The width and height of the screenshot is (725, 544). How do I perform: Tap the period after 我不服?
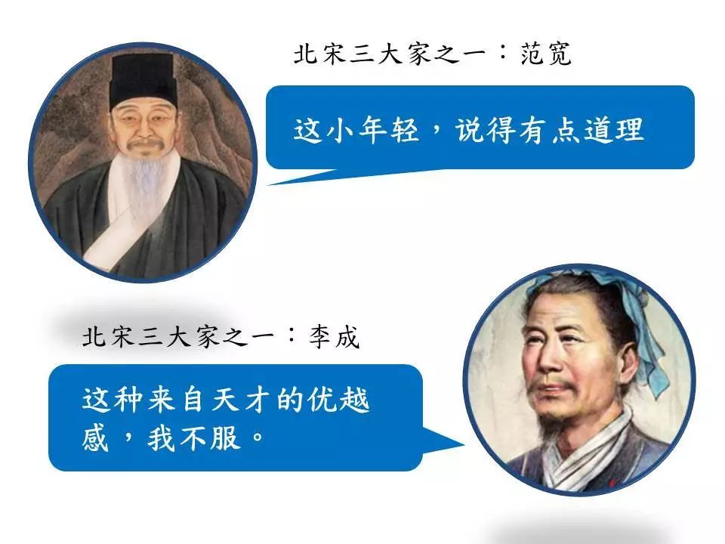[x=257, y=441]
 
